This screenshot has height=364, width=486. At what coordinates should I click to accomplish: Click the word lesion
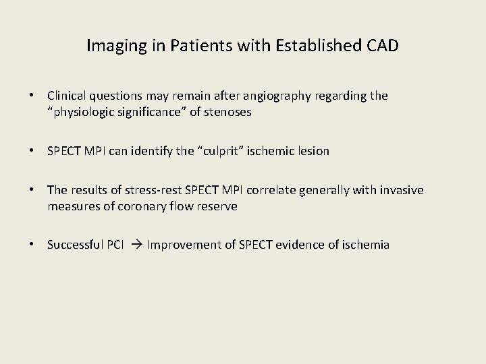click(x=312, y=151)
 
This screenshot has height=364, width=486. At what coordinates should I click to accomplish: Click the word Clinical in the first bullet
click(x=67, y=96)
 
